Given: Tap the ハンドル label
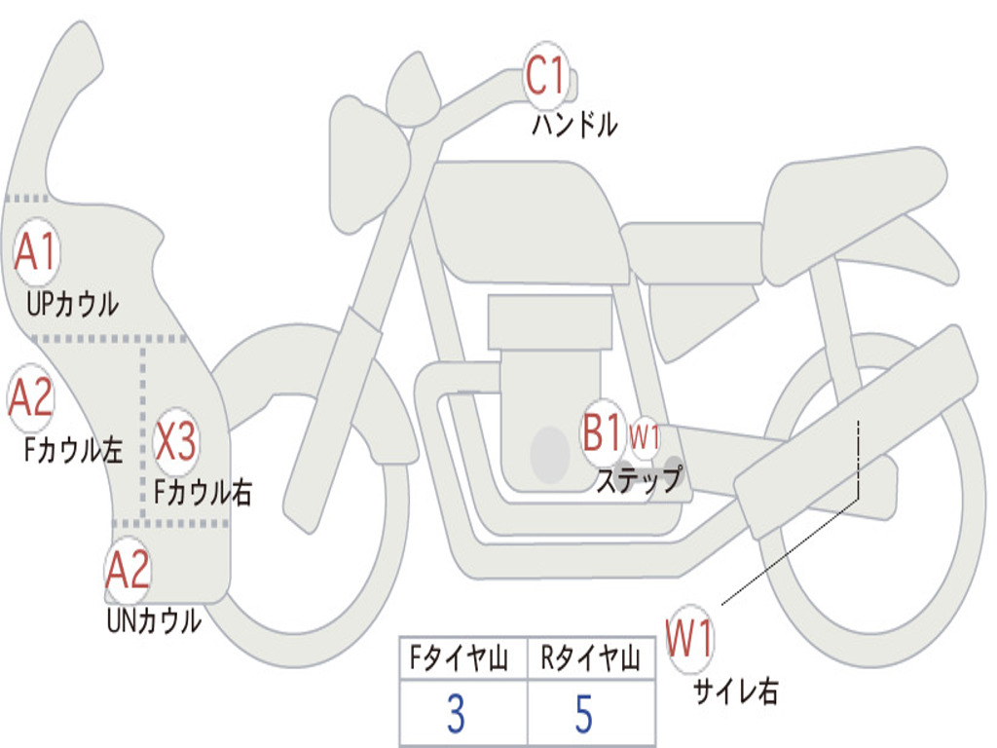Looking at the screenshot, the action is (x=574, y=125).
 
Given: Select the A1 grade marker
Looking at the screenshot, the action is (x=36, y=252).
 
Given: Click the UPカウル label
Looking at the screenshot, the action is (x=72, y=304).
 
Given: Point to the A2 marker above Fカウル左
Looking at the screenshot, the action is (x=30, y=398).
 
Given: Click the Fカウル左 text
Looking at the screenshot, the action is (x=73, y=450).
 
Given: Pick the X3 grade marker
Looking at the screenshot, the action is (x=175, y=441).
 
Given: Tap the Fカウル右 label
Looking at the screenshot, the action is (x=203, y=492).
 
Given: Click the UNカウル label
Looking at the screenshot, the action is (x=154, y=620).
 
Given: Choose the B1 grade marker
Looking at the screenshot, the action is (x=602, y=432).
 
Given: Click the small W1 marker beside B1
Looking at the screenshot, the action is (x=645, y=437).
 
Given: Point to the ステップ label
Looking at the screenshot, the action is (x=640, y=479).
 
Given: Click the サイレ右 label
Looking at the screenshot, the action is (x=736, y=692).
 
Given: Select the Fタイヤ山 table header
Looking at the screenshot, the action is (x=459, y=657).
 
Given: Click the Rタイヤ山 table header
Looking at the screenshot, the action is (x=590, y=657).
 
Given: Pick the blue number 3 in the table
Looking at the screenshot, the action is (x=456, y=714).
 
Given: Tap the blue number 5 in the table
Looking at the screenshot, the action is (x=584, y=714).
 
